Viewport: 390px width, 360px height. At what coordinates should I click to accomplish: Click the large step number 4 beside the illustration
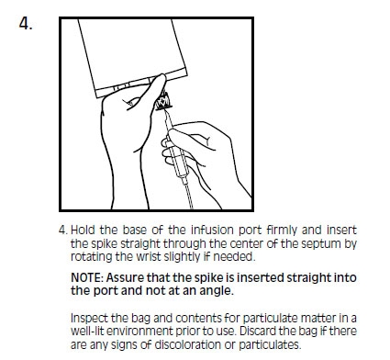click(26, 24)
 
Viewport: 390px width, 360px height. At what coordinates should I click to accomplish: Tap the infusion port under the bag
click(163, 101)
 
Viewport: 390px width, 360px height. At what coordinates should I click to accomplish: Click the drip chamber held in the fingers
click(176, 155)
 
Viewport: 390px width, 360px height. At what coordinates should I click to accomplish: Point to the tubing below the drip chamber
click(187, 194)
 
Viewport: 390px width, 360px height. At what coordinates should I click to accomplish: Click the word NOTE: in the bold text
click(87, 278)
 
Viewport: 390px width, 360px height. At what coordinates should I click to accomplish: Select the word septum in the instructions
click(321, 244)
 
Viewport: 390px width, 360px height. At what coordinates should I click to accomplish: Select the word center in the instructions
click(247, 244)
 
